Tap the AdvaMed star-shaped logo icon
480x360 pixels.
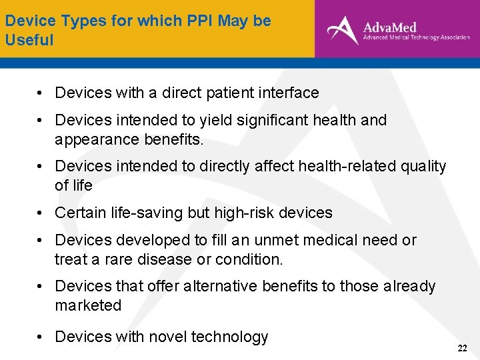[x=342, y=30]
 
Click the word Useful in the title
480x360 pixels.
[x=29, y=40]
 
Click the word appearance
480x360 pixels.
[x=88, y=139]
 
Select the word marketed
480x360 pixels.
[x=88, y=305]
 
